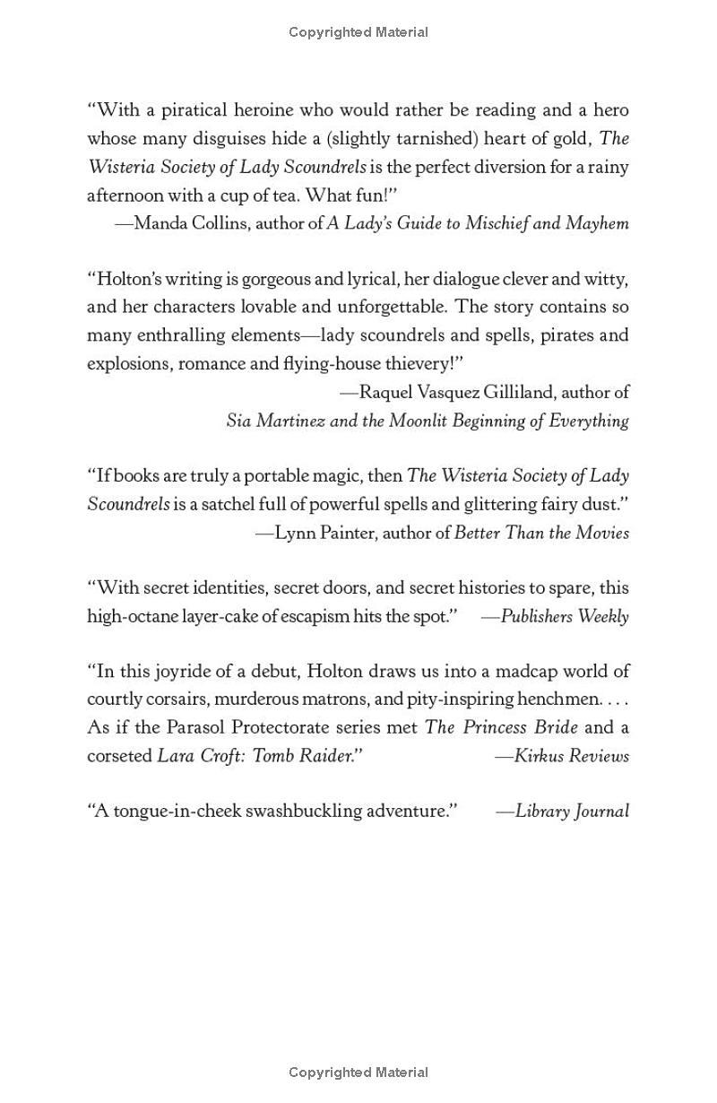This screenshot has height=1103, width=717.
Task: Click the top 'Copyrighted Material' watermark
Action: click(x=358, y=32)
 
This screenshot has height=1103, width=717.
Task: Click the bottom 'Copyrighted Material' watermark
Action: click(x=358, y=1072)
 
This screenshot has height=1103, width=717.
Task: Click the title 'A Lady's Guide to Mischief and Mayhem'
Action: click(x=478, y=223)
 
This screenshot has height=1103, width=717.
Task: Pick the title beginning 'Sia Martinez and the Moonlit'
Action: click(x=428, y=421)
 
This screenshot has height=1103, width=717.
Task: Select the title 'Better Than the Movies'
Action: click(x=541, y=533)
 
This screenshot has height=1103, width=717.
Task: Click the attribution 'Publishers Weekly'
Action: click(x=565, y=616)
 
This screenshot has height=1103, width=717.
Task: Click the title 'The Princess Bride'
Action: click(x=501, y=727)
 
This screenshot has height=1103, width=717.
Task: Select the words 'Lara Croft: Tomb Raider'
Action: click(x=254, y=755)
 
